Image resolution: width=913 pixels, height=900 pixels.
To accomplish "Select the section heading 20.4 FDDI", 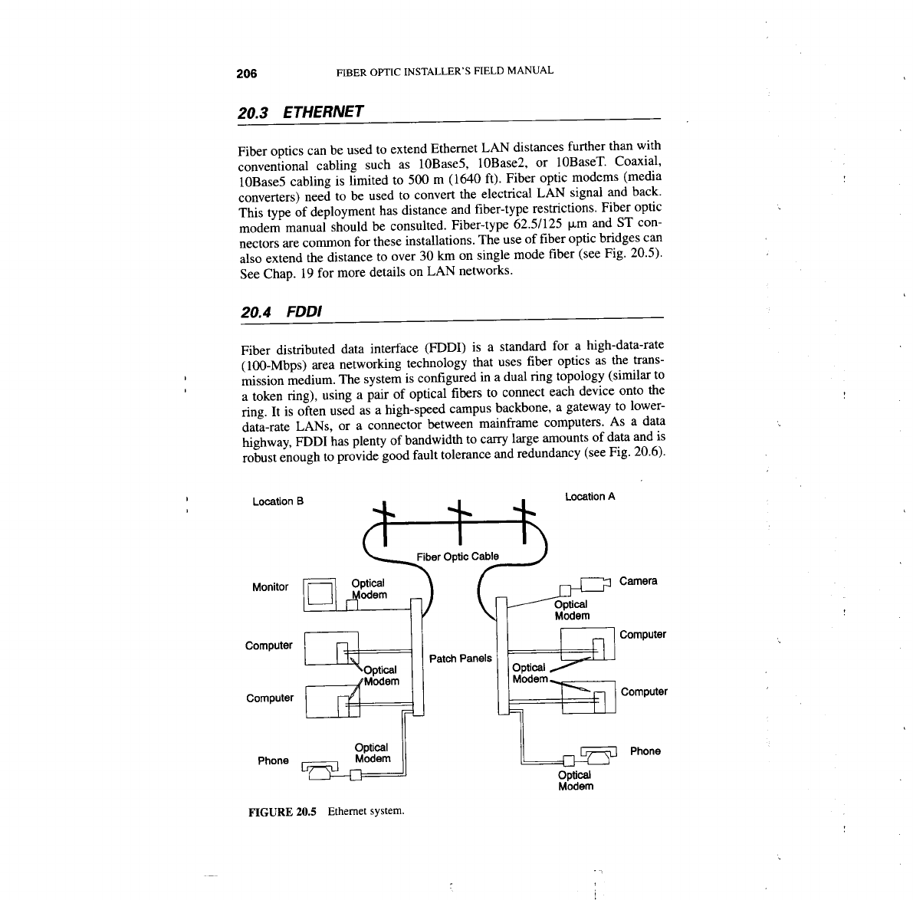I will pyautogui.click(x=279, y=312).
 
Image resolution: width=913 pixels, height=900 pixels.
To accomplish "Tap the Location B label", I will pyautogui.click(x=278, y=501).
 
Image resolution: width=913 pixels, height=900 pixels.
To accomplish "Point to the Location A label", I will pyautogui.click(x=590, y=497).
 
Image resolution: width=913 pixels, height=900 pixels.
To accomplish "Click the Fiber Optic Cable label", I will pyautogui.click(x=457, y=556).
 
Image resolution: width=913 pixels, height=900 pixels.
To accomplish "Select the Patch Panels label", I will pyautogui.click(x=460, y=658).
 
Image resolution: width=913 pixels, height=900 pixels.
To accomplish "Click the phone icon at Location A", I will pyautogui.click(x=599, y=754).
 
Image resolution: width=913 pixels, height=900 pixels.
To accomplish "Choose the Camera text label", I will pyautogui.click(x=638, y=580).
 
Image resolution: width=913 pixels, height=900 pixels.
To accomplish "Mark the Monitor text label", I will pyautogui.click(x=270, y=587).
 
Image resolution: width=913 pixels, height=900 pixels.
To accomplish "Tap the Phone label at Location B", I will pyautogui.click(x=273, y=760).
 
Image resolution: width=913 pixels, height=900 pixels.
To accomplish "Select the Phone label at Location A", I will pyautogui.click(x=645, y=751).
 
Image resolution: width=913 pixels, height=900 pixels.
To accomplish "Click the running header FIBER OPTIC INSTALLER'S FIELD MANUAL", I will pyautogui.click(x=445, y=71).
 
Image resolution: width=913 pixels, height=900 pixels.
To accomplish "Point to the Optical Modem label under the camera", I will pyautogui.click(x=572, y=609).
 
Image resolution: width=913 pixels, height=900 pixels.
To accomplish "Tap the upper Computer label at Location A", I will pyautogui.click(x=642, y=635).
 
